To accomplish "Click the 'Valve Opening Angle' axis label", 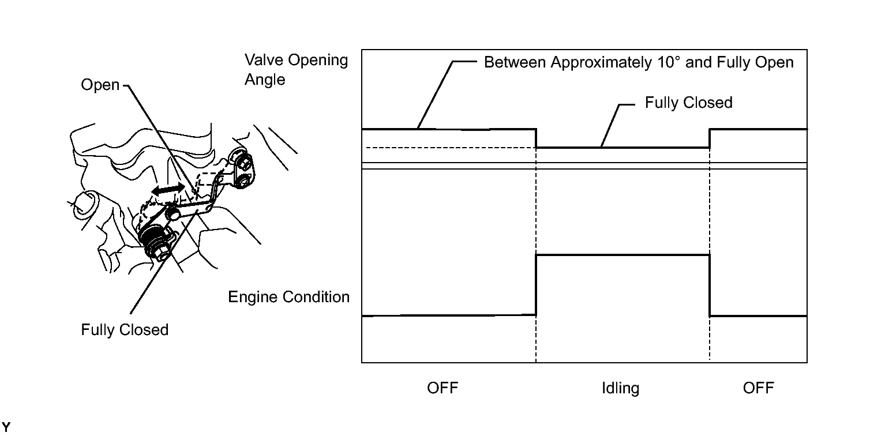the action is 297,70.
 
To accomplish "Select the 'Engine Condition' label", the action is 289,297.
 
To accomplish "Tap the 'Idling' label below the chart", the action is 620,388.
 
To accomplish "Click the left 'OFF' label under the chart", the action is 442,388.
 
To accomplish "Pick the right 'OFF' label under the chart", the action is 758,388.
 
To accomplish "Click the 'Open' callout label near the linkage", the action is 100,85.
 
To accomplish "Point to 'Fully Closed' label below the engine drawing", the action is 125,330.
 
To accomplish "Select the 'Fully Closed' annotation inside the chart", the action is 689,103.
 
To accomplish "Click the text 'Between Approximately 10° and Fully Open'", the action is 639,62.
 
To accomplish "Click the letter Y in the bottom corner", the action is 6,427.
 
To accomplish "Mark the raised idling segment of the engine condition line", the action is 622,255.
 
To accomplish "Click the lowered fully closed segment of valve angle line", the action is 622,148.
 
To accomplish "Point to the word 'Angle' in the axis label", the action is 265,80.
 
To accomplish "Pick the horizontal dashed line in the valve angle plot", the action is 451,148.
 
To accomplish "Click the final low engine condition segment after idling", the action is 758,316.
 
